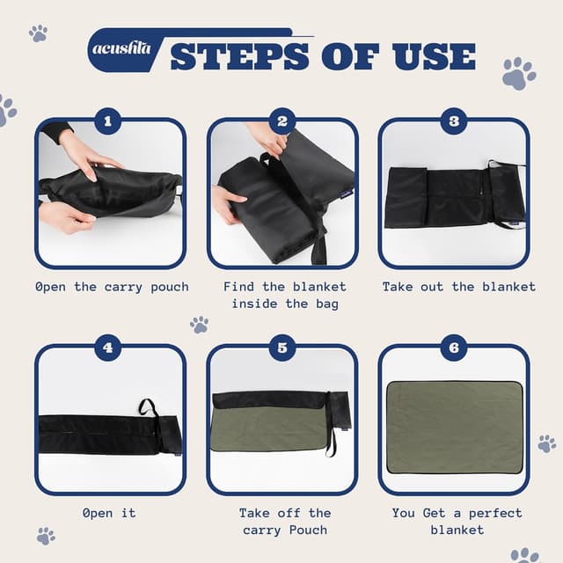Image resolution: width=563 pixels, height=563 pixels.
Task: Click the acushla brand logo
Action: pyautogui.click(x=121, y=49)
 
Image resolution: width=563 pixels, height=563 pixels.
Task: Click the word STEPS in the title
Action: pyautogui.click(x=240, y=56)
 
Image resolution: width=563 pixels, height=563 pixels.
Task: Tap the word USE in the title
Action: pyautogui.click(x=434, y=56)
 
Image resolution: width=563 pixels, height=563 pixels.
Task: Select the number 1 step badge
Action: pyautogui.click(x=107, y=121)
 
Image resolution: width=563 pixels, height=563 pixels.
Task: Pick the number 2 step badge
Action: pyautogui.click(x=282, y=121)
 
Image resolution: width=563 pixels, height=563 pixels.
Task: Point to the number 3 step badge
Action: pyautogui.click(x=454, y=121)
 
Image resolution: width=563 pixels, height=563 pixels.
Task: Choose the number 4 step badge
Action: pyautogui.click(x=107, y=347)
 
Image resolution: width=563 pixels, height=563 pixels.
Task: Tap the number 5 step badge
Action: pyautogui.click(x=282, y=347)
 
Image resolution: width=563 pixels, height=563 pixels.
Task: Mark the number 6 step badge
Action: pyautogui.click(x=454, y=347)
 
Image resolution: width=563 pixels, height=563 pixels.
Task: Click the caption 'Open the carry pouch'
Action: pyautogui.click(x=112, y=288)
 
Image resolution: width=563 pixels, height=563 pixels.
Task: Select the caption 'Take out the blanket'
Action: pyautogui.click(x=458, y=287)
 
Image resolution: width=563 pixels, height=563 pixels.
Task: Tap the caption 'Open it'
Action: pyautogui.click(x=109, y=513)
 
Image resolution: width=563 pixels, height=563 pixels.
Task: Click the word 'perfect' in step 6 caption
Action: pyautogui.click(x=495, y=514)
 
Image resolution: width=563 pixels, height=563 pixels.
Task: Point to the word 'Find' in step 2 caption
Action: pyautogui.click(x=238, y=287)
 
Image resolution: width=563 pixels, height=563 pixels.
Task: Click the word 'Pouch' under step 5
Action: pyautogui.click(x=308, y=530)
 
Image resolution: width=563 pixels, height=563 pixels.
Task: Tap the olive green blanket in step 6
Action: pyautogui.click(x=455, y=428)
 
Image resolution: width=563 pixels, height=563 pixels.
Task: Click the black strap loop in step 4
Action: pyautogui.click(x=148, y=407)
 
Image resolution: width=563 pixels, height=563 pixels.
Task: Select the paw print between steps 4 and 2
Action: pyautogui.click(x=200, y=325)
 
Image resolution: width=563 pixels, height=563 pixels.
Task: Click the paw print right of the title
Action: pyautogui.click(x=519, y=73)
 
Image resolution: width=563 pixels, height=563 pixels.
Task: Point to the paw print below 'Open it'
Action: pyautogui.click(x=46, y=536)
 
